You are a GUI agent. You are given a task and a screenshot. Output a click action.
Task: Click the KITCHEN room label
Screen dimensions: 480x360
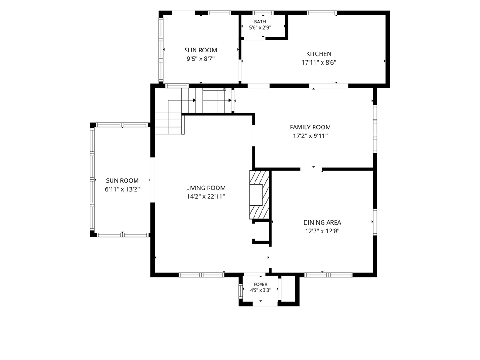tap(319, 54)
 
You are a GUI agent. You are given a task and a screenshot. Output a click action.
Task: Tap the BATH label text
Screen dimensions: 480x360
tap(260, 22)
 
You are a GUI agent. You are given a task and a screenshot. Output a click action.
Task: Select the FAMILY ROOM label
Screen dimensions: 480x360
tap(310, 127)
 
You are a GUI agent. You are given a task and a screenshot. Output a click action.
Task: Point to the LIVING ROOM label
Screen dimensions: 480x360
tap(206, 188)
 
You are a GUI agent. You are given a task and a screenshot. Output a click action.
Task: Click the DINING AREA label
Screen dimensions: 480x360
tap(322, 223)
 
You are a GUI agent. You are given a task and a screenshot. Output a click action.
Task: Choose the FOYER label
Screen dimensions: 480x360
tap(261, 285)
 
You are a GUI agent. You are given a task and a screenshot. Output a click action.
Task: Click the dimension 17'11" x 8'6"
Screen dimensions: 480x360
tap(319, 63)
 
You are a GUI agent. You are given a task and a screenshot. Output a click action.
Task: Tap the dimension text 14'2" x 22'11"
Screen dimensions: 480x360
tap(206, 196)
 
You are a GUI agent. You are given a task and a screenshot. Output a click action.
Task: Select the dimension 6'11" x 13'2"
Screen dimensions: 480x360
tap(122, 189)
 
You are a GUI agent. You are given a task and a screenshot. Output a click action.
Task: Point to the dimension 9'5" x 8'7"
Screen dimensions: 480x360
tap(201, 59)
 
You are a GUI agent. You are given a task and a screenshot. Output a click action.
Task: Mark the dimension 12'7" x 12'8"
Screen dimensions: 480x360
tap(322, 231)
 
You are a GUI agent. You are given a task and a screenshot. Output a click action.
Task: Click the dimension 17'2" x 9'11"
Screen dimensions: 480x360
tap(310, 135)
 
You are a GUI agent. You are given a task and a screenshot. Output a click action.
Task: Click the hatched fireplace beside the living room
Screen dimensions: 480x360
tap(259, 195)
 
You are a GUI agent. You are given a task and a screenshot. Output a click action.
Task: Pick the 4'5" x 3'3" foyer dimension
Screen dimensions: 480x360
tap(261, 290)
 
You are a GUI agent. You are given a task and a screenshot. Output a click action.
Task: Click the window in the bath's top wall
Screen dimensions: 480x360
tap(263, 13)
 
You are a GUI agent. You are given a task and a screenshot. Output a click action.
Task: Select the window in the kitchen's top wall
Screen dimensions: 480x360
tap(322, 13)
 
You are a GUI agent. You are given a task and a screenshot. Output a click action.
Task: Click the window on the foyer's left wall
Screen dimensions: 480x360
tap(240, 291)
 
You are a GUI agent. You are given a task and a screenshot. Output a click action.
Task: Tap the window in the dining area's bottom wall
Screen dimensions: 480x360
tap(329, 275)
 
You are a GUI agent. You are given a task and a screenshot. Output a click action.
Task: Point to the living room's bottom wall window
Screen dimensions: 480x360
tap(202, 275)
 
